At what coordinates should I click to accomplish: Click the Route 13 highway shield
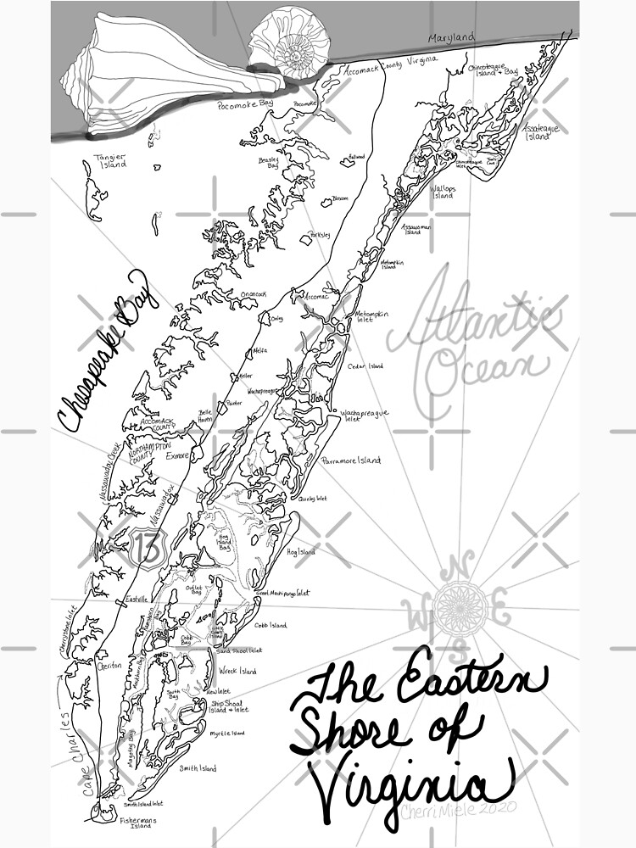click(x=147, y=549)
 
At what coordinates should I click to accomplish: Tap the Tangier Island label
click(x=109, y=160)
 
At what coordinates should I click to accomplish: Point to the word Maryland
click(x=451, y=40)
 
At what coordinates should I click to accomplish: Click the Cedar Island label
click(x=365, y=366)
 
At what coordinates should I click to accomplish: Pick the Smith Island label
click(x=198, y=769)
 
